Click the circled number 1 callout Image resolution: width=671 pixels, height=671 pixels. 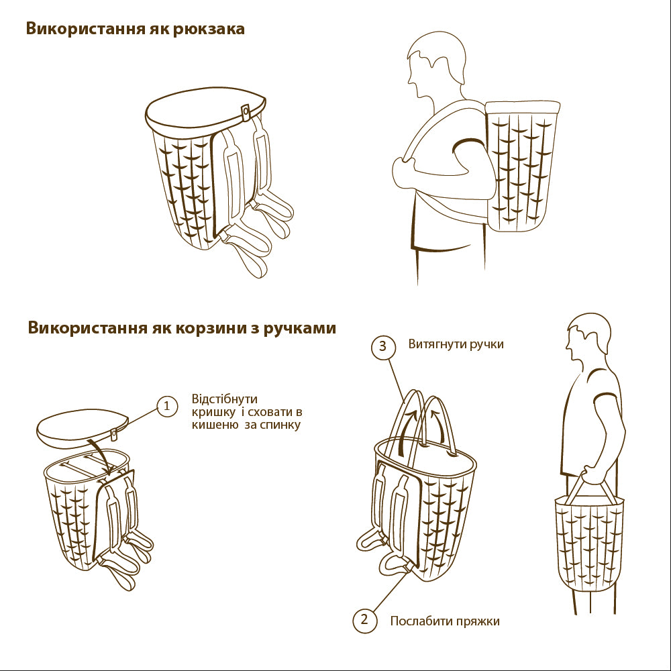(x=167, y=406)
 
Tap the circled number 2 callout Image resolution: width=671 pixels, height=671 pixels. (x=364, y=619)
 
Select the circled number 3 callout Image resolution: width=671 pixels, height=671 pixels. (x=382, y=346)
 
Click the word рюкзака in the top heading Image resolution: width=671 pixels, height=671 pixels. (x=209, y=29)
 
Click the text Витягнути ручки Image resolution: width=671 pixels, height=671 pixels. (x=456, y=345)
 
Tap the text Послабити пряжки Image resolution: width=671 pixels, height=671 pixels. (x=445, y=621)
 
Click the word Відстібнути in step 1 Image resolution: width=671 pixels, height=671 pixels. (x=225, y=399)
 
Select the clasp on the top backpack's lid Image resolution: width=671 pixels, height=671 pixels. (x=246, y=112)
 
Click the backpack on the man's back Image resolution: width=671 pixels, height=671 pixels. (x=522, y=167)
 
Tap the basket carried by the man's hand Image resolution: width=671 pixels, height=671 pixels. (x=588, y=544)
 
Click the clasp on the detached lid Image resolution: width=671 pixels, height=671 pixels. (x=114, y=434)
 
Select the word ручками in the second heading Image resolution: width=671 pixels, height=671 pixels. (x=299, y=329)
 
